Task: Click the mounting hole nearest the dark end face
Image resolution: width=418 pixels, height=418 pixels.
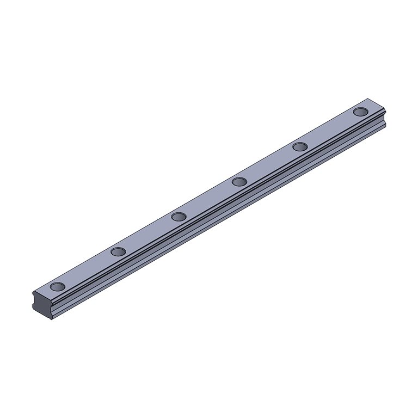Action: tap(57, 286)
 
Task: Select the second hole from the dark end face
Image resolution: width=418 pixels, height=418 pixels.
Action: tap(118, 251)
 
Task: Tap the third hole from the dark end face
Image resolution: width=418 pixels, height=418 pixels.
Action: tap(179, 217)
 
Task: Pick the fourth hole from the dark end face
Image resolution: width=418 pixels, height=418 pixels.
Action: tap(239, 181)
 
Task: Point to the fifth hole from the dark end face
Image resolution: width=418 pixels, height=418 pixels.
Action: tap(300, 146)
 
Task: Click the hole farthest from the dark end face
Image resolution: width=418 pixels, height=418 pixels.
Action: tap(360, 112)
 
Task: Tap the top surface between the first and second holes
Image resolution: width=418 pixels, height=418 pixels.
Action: tap(88, 269)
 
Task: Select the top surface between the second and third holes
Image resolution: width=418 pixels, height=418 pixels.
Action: tap(148, 234)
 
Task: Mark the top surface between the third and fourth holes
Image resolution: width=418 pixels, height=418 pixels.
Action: tap(209, 199)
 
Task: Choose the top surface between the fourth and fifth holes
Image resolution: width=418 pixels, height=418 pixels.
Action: tap(269, 164)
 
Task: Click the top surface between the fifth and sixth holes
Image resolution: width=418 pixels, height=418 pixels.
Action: tap(330, 129)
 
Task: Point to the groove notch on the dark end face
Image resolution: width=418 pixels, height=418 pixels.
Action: tap(36, 299)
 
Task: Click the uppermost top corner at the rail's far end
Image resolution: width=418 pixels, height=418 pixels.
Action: tap(368, 99)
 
